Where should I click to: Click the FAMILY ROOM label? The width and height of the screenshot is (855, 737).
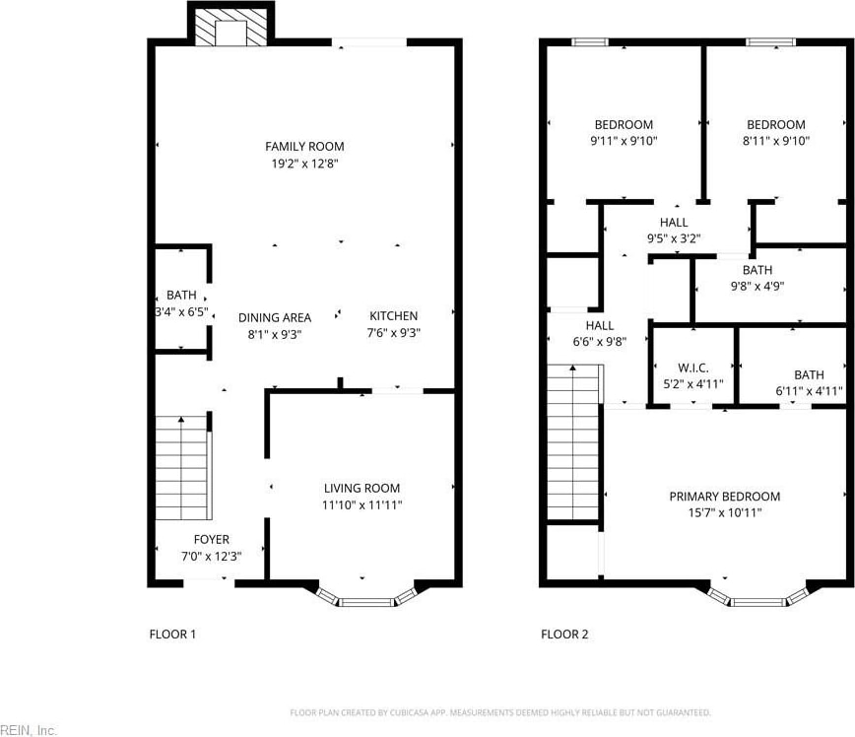(x=304, y=146)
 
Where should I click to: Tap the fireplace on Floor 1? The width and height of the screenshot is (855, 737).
(x=231, y=24)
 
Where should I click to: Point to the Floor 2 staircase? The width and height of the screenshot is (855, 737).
(x=574, y=441)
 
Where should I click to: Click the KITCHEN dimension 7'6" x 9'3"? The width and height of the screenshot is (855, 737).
(x=394, y=333)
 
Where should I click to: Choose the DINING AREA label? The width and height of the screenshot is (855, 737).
(x=275, y=317)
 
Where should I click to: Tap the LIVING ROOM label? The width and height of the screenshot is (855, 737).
(x=362, y=489)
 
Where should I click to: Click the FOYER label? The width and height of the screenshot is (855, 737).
(x=212, y=540)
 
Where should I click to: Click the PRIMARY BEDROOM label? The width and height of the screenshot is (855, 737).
(x=725, y=497)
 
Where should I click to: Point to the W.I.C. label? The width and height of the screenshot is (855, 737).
(x=693, y=368)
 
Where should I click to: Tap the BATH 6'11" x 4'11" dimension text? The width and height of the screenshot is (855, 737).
(x=810, y=391)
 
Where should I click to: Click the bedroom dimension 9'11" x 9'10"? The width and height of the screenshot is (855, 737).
(x=624, y=141)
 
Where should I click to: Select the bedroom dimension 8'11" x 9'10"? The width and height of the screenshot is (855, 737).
(x=776, y=141)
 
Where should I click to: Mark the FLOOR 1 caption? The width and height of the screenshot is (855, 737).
(x=172, y=634)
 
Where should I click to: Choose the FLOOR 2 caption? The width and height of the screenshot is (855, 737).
(x=564, y=634)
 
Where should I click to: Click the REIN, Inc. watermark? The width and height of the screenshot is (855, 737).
(x=29, y=730)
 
